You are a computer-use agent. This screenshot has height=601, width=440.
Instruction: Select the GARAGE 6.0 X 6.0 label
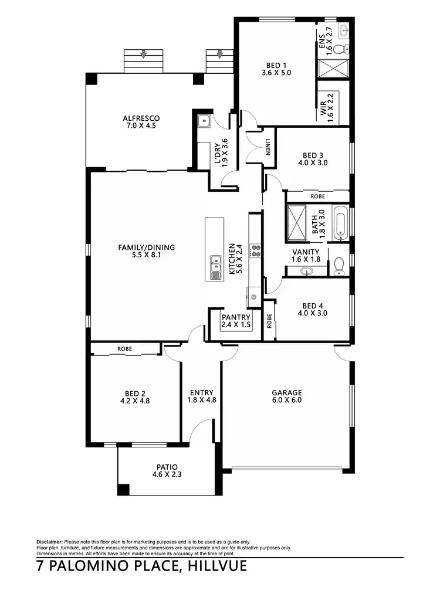pyautogui.click(x=286, y=397)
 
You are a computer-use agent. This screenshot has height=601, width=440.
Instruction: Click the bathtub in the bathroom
pyautogui.click(x=341, y=223)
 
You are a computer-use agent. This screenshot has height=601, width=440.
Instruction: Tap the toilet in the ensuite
pyautogui.click(x=345, y=49)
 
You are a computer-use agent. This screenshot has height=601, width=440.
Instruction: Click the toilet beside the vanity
pyautogui.click(x=339, y=267)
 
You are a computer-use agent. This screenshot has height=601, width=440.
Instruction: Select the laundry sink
pyautogui.click(x=204, y=122)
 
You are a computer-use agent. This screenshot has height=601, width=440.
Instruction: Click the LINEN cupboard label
pyautogui.click(x=268, y=150)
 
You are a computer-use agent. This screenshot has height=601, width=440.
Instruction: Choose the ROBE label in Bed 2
pyautogui.click(x=124, y=349)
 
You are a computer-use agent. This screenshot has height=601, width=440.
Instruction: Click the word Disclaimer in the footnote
pyautogui.click(x=49, y=541)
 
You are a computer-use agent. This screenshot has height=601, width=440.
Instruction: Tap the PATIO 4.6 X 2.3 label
pyautogui.click(x=167, y=471)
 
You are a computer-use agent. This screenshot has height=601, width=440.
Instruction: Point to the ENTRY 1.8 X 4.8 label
pyautogui.click(x=202, y=397)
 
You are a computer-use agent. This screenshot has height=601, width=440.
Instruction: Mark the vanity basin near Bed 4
pyautogui.click(x=305, y=271)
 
